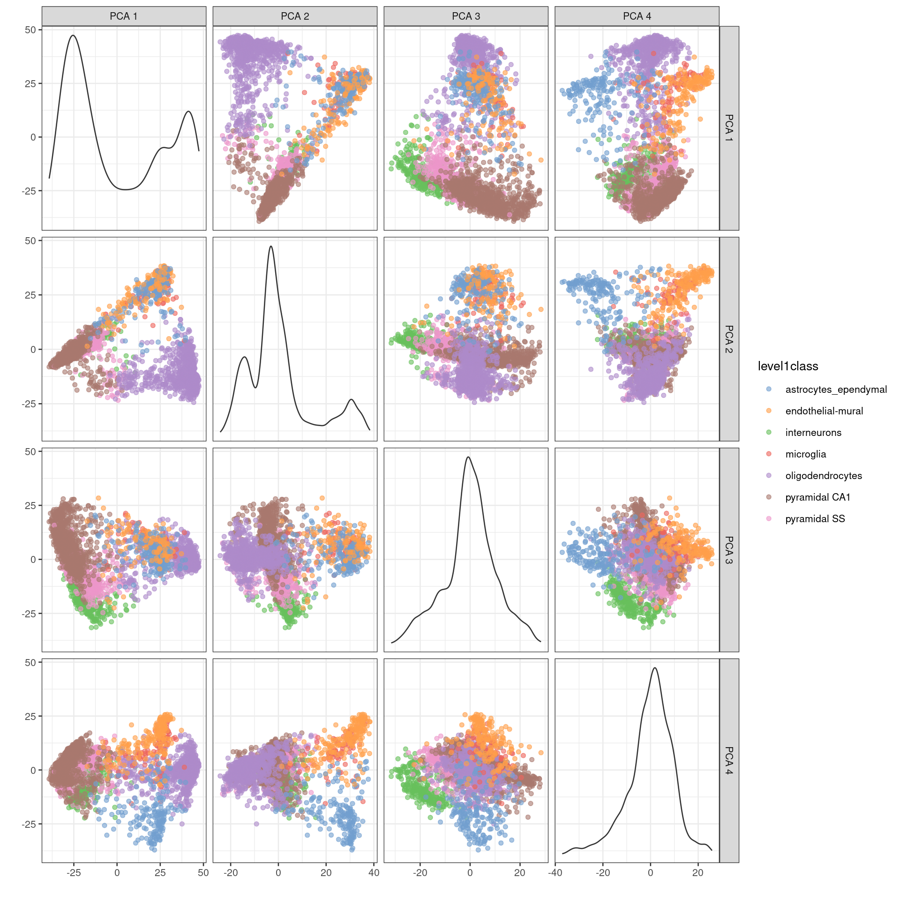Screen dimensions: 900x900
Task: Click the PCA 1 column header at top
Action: (124, 16)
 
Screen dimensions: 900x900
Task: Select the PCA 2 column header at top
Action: (295, 16)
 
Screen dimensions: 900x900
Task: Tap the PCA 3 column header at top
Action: (466, 16)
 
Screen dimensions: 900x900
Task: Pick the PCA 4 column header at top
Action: (637, 16)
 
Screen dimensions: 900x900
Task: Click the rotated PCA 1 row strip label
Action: (729, 128)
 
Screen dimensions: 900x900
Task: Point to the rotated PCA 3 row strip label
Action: (729, 550)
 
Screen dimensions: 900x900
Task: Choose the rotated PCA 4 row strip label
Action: (729, 760)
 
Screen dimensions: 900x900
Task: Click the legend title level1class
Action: (788, 367)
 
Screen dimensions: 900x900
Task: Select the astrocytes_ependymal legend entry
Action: (836, 390)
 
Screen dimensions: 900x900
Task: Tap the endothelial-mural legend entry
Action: (824, 411)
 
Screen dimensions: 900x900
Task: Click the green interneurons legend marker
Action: (769, 432)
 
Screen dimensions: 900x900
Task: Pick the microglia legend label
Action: (806, 454)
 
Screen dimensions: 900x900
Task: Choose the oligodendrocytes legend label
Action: (824, 476)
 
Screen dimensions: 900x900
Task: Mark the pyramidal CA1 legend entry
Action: (817, 497)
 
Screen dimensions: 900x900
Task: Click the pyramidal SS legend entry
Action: (815, 519)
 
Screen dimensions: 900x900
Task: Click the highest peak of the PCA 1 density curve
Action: (73, 35)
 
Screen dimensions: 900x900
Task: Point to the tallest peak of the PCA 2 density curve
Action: (271, 246)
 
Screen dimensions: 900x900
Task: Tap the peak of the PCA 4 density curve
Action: (655, 668)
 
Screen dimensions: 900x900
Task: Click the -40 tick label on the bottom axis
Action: (555, 873)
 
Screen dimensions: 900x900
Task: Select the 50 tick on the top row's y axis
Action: (30, 30)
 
